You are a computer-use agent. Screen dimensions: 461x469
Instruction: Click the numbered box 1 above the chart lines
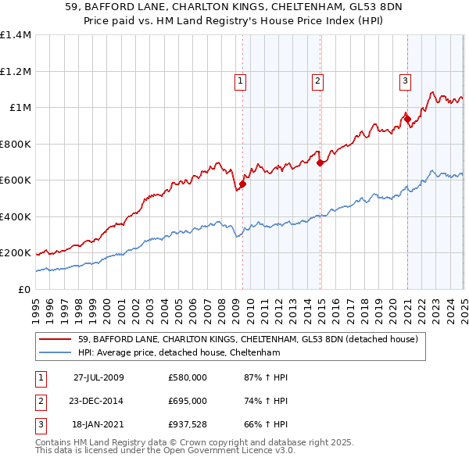coord(240,79)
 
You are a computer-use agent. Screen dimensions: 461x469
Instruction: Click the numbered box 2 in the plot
coord(318,79)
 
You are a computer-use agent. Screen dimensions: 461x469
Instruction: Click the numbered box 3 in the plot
coord(406,79)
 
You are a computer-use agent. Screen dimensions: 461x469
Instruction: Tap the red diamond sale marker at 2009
coord(242,184)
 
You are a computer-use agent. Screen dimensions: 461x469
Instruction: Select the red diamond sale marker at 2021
coord(406,120)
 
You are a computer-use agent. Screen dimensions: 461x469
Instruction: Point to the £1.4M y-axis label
coord(16,35)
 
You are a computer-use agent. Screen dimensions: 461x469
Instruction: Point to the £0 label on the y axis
coord(25,290)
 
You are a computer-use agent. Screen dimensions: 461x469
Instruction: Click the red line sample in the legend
coord(55,339)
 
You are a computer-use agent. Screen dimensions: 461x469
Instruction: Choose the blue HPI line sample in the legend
coord(55,352)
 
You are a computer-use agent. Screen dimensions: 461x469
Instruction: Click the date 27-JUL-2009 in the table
coord(98,377)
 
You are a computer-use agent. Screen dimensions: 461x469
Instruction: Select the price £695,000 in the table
coord(188,401)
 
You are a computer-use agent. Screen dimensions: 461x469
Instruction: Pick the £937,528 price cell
coord(188,424)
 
